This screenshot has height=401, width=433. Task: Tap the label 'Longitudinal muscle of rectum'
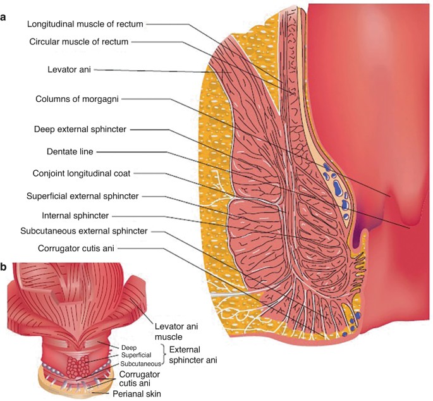click(x=86, y=24)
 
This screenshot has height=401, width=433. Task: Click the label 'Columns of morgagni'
click(x=80, y=99)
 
